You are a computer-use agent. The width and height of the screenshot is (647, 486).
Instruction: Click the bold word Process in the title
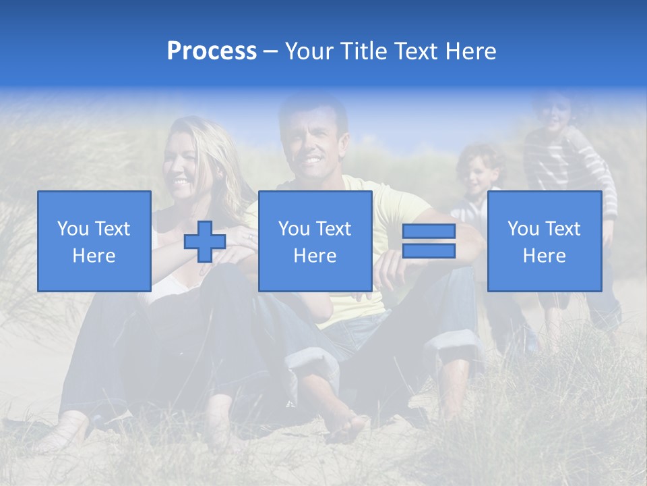(212, 51)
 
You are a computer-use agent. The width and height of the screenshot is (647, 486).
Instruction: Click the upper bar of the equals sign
(429, 232)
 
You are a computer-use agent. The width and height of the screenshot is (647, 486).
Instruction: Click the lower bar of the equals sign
(429, 251)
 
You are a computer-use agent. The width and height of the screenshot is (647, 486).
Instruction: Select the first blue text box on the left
(94, 241)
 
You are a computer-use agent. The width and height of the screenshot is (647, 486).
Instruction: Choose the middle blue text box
(315, 241)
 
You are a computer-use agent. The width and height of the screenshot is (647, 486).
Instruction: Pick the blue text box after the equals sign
(544, 241)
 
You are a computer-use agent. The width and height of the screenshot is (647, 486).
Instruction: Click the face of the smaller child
(479, 174)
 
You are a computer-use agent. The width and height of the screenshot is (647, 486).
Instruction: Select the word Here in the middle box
(315, 256)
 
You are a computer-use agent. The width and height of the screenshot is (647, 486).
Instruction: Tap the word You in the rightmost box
(522, 229)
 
